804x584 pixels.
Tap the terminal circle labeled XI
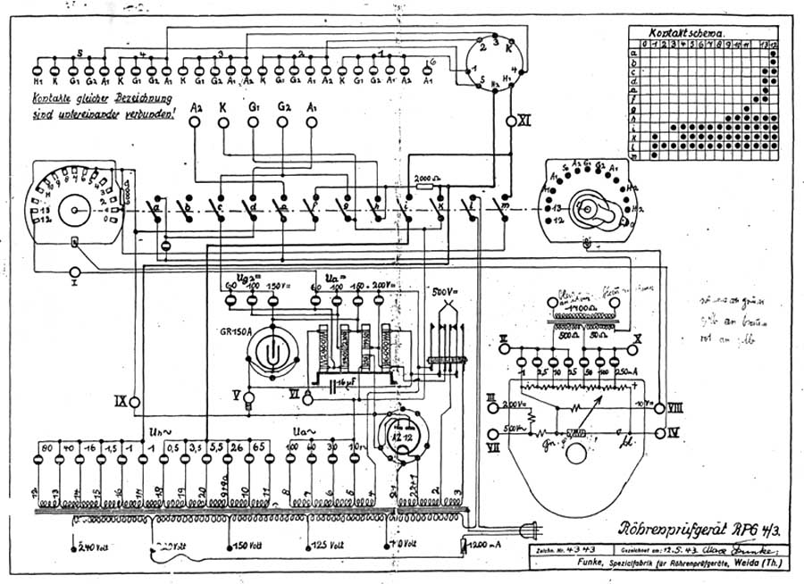[x=512, y=121]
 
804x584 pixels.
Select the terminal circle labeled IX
[x=135, y=403]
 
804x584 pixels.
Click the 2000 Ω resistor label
[x=431, y=179]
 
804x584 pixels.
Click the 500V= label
[x=441, y=292]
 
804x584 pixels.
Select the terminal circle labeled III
[x=490, y=407]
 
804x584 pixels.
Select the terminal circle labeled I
[x=75, y=271]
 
